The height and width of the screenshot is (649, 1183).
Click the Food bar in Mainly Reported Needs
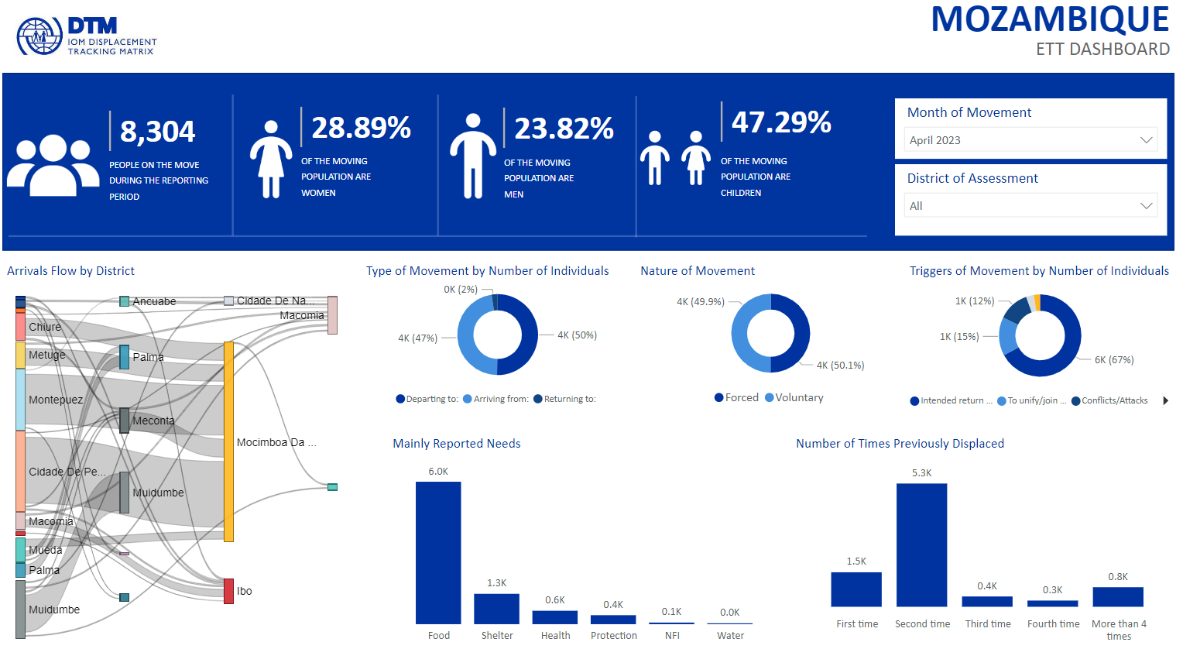[x=438, y=552]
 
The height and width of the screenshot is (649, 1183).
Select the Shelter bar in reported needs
[x=496, y=609]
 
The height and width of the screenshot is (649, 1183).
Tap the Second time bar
[x=921, y=544]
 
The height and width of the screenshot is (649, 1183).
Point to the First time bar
[x=856, y=589]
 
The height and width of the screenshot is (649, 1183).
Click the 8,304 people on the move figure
[x=158, y=132]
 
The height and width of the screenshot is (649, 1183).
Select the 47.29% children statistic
[x=781, y=122]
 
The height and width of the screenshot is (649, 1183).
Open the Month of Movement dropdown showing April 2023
[x=1030, y=140]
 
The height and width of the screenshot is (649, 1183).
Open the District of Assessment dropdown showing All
[x=1030, y=206]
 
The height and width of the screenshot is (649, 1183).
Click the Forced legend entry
[x=736, y=398]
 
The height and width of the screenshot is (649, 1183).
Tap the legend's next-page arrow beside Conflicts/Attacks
[x=1166, y=400]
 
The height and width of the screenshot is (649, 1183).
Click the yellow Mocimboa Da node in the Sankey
[x=228, y=441]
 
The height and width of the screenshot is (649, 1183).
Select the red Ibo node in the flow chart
[x=228, y=591]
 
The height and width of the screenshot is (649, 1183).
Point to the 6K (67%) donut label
[x=1114, y=360]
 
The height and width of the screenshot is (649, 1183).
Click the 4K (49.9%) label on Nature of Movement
[x=701, y=302]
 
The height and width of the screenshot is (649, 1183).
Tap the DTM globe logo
[x=39, y=36]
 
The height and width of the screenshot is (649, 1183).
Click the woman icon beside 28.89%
[x=270, y=159]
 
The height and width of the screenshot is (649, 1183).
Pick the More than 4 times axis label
[x=1119, y=630]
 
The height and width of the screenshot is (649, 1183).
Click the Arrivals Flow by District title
[x=70, y=271]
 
